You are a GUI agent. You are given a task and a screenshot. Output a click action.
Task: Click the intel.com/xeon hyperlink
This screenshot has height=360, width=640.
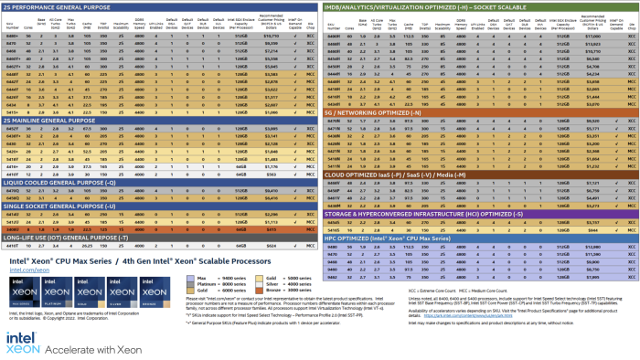pos(29,270)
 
